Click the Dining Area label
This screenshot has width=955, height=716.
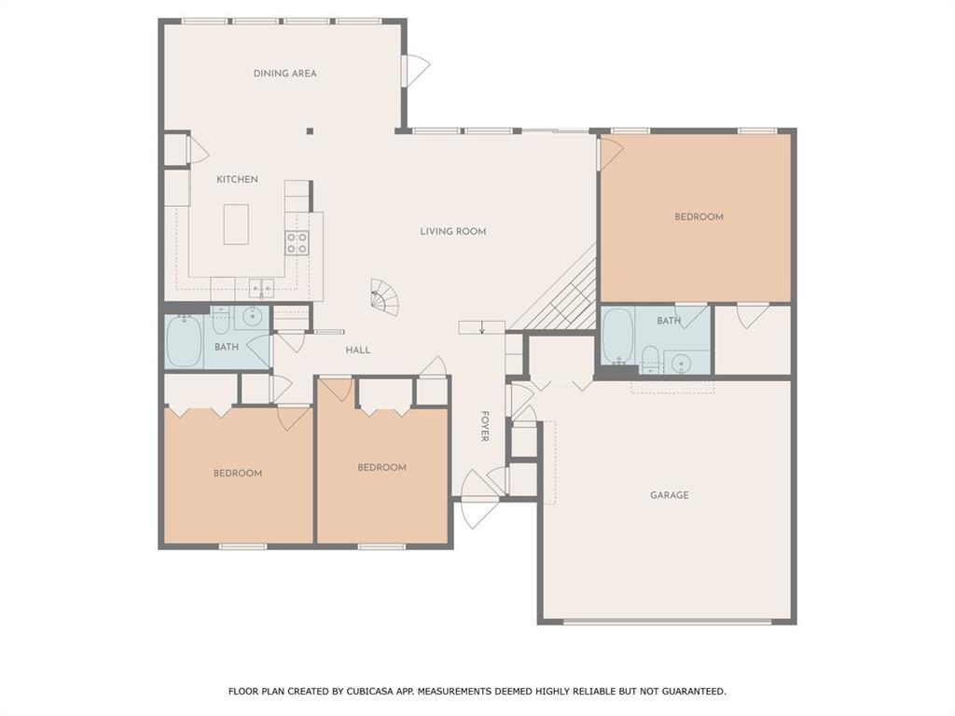pos(284,74)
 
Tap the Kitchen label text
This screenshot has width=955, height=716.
pos(237,179)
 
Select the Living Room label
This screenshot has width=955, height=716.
pos(452,231)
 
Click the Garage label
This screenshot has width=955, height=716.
pos(669,495)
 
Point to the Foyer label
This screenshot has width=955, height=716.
pos(485,426)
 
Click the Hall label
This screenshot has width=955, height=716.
pos(358,351)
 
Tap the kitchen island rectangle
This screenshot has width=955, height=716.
pos(236,224)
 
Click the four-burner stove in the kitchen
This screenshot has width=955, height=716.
pos(297,243)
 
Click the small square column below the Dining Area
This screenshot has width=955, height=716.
pos(311,131)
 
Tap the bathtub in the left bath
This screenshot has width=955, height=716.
pos(184,341)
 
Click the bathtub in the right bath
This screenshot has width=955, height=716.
pos(617,337)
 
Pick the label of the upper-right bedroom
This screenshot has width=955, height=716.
pos(699,217)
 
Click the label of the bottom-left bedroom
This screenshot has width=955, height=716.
pos(238,474)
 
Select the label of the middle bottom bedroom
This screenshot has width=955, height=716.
pos(381,467)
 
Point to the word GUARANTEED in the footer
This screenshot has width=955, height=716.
pos(691,692)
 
